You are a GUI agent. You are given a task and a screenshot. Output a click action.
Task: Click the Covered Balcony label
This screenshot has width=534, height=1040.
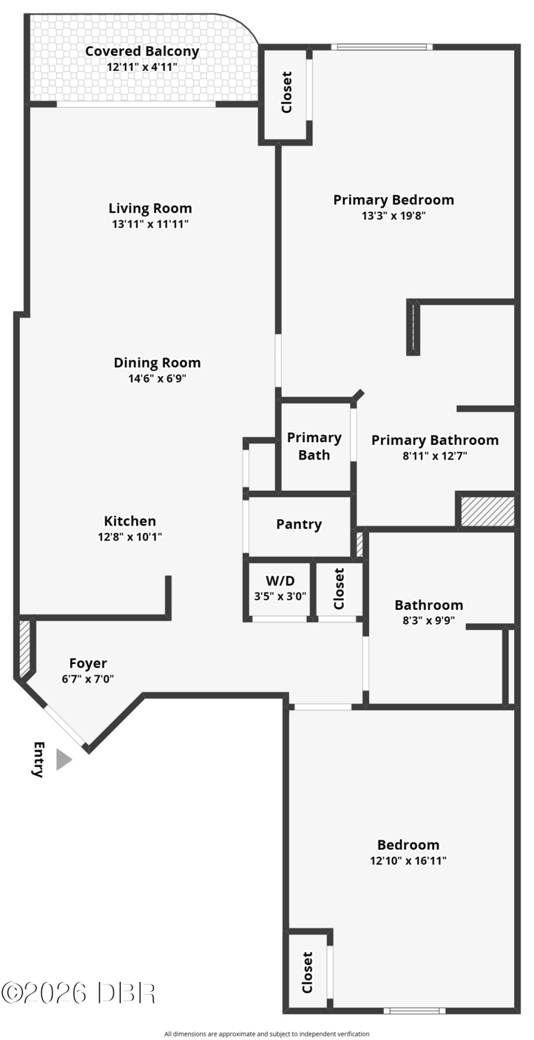[142, 51]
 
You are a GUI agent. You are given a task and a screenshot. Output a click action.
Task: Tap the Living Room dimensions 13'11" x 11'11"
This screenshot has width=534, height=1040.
[150, 224]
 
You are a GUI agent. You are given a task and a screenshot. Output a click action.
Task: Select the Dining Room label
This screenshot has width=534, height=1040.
[158, 363]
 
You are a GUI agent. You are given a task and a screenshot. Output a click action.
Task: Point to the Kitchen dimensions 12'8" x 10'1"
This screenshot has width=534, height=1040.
[130, 537]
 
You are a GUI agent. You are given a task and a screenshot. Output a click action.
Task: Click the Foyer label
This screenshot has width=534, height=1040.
[88, 663]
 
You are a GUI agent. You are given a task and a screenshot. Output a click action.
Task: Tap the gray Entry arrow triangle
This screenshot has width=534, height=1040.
[64, 759]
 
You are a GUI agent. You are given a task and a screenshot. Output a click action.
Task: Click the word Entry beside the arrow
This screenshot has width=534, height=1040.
[39, 759]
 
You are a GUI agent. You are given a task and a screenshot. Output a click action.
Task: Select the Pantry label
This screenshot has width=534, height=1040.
[299, 524]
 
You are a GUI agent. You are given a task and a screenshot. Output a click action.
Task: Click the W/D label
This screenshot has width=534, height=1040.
[280, 580]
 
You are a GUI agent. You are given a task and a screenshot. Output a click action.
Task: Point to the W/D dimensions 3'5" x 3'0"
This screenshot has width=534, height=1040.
[280, 596]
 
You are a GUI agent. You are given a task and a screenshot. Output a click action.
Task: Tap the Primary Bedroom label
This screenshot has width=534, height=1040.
[393, 200]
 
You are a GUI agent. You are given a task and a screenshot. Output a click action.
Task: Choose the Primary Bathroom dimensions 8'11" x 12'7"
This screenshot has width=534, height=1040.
[435, 456]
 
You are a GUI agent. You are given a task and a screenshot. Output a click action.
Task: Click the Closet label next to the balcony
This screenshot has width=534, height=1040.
[287, 92]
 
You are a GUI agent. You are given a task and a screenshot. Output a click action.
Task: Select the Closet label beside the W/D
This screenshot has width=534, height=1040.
[338, 588]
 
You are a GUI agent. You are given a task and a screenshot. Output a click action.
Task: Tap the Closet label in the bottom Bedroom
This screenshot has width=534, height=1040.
[307, 973]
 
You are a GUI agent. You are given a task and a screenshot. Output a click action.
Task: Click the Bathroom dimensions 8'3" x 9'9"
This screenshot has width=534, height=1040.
[429, 621]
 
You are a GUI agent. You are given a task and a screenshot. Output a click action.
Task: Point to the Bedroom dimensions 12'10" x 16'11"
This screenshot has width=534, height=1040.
[409, 860]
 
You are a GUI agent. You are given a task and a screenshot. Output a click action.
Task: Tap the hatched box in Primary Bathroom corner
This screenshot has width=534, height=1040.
[487, 511]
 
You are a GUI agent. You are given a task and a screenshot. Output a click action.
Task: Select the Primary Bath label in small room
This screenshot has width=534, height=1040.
[314, 446]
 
